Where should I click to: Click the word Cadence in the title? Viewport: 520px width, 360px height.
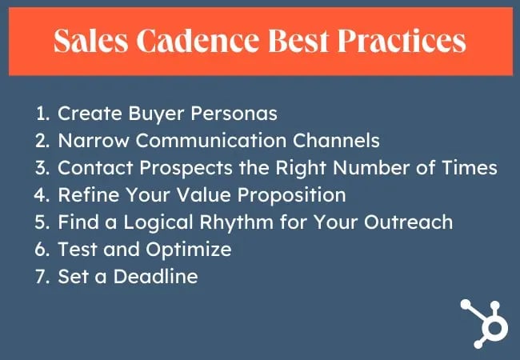(x=198, y=41)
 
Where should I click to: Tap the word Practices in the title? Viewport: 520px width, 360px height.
(x=402, y=41)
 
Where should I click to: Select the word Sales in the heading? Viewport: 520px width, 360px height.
(x=90, y=41)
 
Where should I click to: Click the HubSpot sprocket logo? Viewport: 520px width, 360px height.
(x=484, y=323)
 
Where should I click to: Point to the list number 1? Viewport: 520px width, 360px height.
(x=42, y=114)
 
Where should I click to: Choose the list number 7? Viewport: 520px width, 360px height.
(x=42, y=277)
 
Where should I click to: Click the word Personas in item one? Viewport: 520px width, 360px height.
(x=234, y=114)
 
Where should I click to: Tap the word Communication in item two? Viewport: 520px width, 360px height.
(x=211, y=141)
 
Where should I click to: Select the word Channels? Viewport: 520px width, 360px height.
(x=336, y=141)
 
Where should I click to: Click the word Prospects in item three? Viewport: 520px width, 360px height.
(x=186, y=168)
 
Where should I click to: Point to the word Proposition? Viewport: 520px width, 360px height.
(x=291, y=195)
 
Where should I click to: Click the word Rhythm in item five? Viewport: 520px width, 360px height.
(x=237, y=222)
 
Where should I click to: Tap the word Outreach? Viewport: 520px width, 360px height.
(x=408, y=222)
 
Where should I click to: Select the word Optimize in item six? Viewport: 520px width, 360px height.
(x=188, y=250)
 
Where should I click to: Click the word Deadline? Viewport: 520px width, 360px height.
(x=155, y=277)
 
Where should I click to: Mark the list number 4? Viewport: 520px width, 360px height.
(x=42, y=195)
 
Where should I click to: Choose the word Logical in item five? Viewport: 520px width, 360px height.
(x=158, y=222)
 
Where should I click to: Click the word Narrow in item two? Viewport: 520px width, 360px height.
(x=94, y=141)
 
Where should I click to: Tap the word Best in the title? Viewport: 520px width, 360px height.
(x=298, y=41)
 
